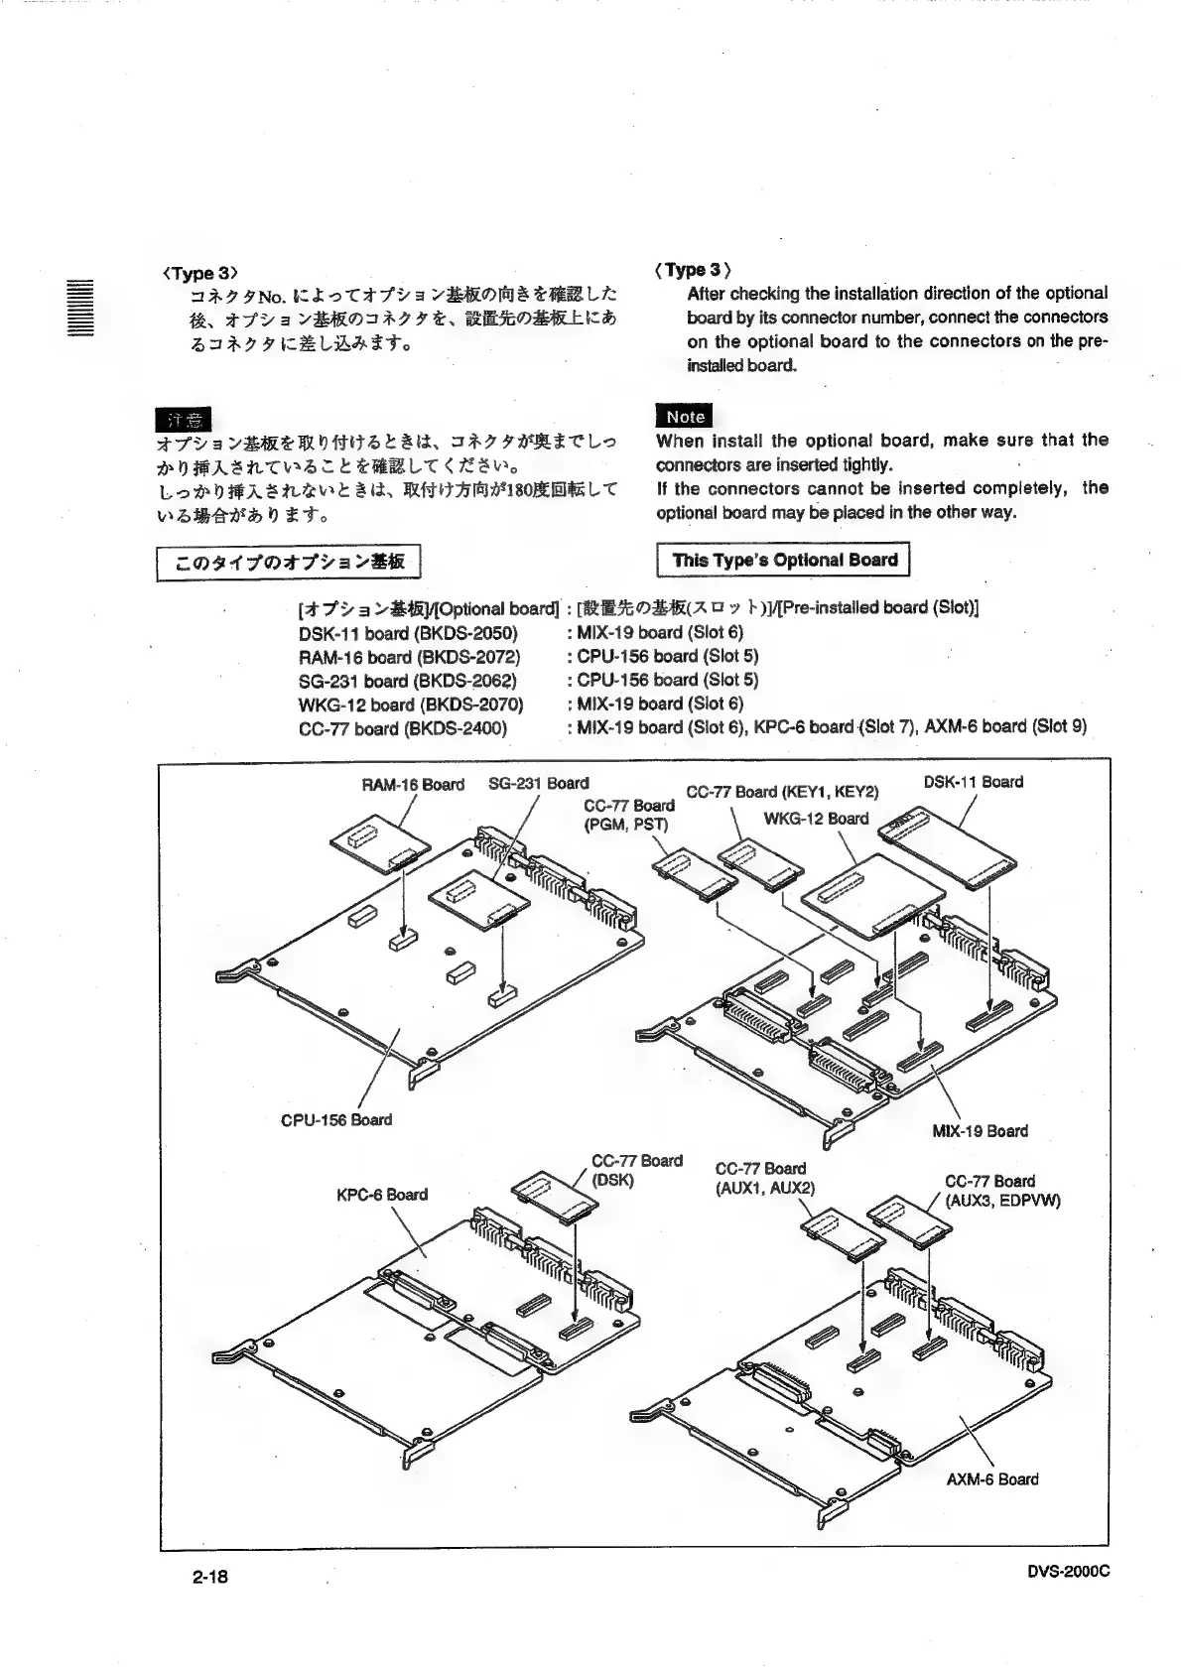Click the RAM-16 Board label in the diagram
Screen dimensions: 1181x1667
pyautogui.click(x=413, y=785)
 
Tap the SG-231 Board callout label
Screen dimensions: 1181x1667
pyautogui.click(x=539, y=783)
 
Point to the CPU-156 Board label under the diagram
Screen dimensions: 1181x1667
pyautogui.click(x=336, y=1119)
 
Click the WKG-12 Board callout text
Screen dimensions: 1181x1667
pyautogui.click(x=816, y=819)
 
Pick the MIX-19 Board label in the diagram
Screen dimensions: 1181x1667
pyautogui.click(x=981, y=1130)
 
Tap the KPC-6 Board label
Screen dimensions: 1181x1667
pyautogui.click(x=382, y=1194)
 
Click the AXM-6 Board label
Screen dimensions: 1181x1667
pyautogui.click(x=992, y=1478)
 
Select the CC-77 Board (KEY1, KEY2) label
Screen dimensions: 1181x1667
pyautogui.click(x=783, y=792)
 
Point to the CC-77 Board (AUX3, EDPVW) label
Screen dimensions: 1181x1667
pyautogui.click(x=1002, y=1191)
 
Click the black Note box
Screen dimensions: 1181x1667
pyautogui.click(x=684, y=417)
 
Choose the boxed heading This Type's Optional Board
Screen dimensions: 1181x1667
pyautogui.click(x=784, y=560)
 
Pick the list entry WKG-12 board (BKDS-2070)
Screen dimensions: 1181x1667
pyautogui.click(x=411, y=704)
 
